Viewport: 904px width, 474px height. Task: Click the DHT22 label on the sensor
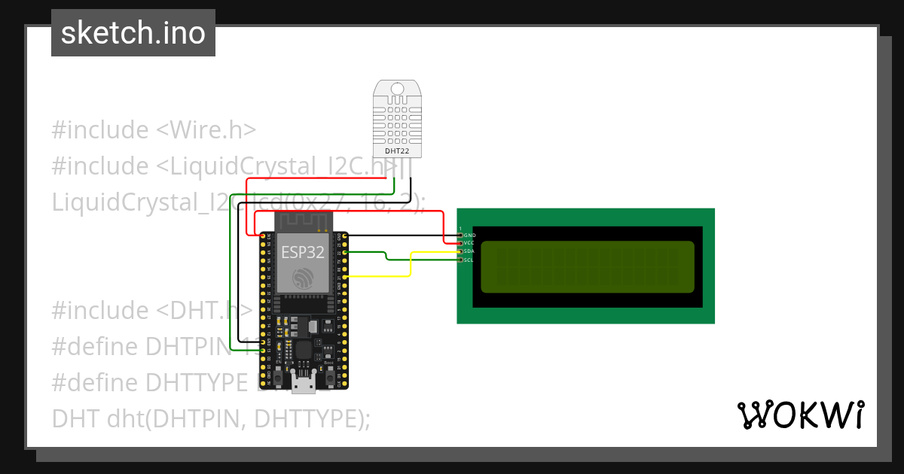(397, 150)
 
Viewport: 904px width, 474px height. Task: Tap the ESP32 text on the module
(303, 252)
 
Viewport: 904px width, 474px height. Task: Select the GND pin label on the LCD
(469, 235)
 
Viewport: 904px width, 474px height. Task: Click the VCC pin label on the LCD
(469, 243)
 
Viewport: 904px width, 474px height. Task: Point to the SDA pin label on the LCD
(469, 251)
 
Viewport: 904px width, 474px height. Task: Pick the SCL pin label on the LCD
(469, 260)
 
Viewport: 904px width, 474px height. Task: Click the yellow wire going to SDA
(411, 265)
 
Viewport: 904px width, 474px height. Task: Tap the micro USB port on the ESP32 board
(304, 384)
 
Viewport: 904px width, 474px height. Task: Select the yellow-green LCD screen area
(587, 266)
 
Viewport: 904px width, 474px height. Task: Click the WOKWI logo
(800, 415)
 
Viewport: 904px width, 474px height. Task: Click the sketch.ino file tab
(133, 33)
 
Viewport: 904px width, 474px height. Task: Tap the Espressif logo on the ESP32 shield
(303, 278)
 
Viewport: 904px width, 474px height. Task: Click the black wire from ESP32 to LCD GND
(399, 235)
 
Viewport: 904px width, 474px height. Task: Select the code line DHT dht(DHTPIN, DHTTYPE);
(211, 418)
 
